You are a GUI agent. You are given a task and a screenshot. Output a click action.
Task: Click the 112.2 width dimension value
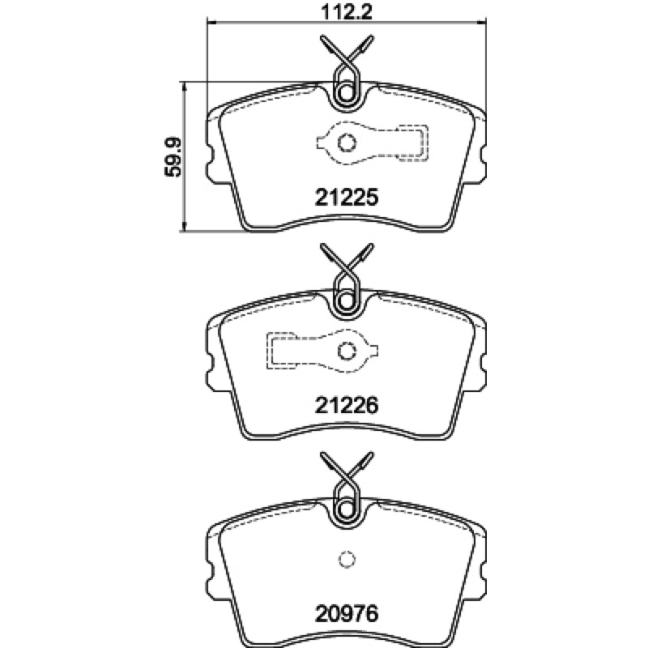tap(347, 11)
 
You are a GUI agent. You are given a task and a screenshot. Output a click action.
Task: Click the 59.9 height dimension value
tap(173, 157)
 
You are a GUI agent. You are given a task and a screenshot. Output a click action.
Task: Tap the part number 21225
tap(347, 198)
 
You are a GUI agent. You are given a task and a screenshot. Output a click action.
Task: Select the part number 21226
tap(347, 406)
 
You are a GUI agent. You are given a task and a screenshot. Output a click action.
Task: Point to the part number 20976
tap(347, 614)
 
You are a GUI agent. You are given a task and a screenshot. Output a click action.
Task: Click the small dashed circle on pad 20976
tap(347, 560)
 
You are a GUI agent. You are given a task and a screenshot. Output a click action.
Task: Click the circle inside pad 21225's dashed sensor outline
tap(347, 143)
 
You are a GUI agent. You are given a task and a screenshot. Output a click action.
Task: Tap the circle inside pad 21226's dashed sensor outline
tap(347, 352)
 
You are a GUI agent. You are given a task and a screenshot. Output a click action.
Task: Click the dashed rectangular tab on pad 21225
tap(413, 143)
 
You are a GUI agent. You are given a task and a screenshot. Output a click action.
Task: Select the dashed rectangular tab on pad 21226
tap(281, 351)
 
